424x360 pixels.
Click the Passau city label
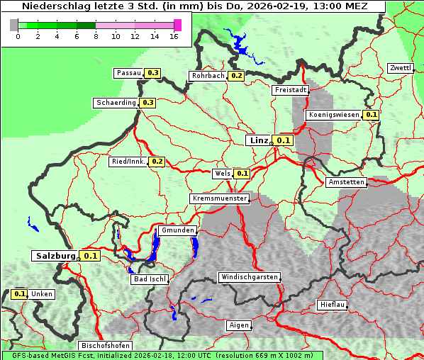[x=128, y=73]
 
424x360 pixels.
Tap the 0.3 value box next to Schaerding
[x=147, y=103]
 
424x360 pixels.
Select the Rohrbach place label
[x=207, y=76]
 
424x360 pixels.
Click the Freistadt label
[x=290, y=90]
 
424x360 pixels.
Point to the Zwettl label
[x=400, y=68]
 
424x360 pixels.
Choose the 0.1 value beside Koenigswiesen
[x=371, y=115]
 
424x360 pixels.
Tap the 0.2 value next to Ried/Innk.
[x=157, y=162]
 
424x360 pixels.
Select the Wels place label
[x=222, y=174]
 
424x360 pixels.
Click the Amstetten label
[x=346, y=182]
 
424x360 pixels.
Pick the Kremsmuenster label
[x=219, y=198]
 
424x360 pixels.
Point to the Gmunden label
[x=177, y=230]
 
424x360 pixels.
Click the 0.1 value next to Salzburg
[x=90, y=256]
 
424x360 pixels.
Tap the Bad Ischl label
[x=150, y=279]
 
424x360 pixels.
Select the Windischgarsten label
[x=249, y=277]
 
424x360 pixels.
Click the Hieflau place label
[x=333, y=305]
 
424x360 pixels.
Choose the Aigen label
[x=239, y=325]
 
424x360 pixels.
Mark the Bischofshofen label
[x=105, y=346]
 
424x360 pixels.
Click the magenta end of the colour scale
[x=177, y=25]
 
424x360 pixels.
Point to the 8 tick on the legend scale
[x=96, y=36]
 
